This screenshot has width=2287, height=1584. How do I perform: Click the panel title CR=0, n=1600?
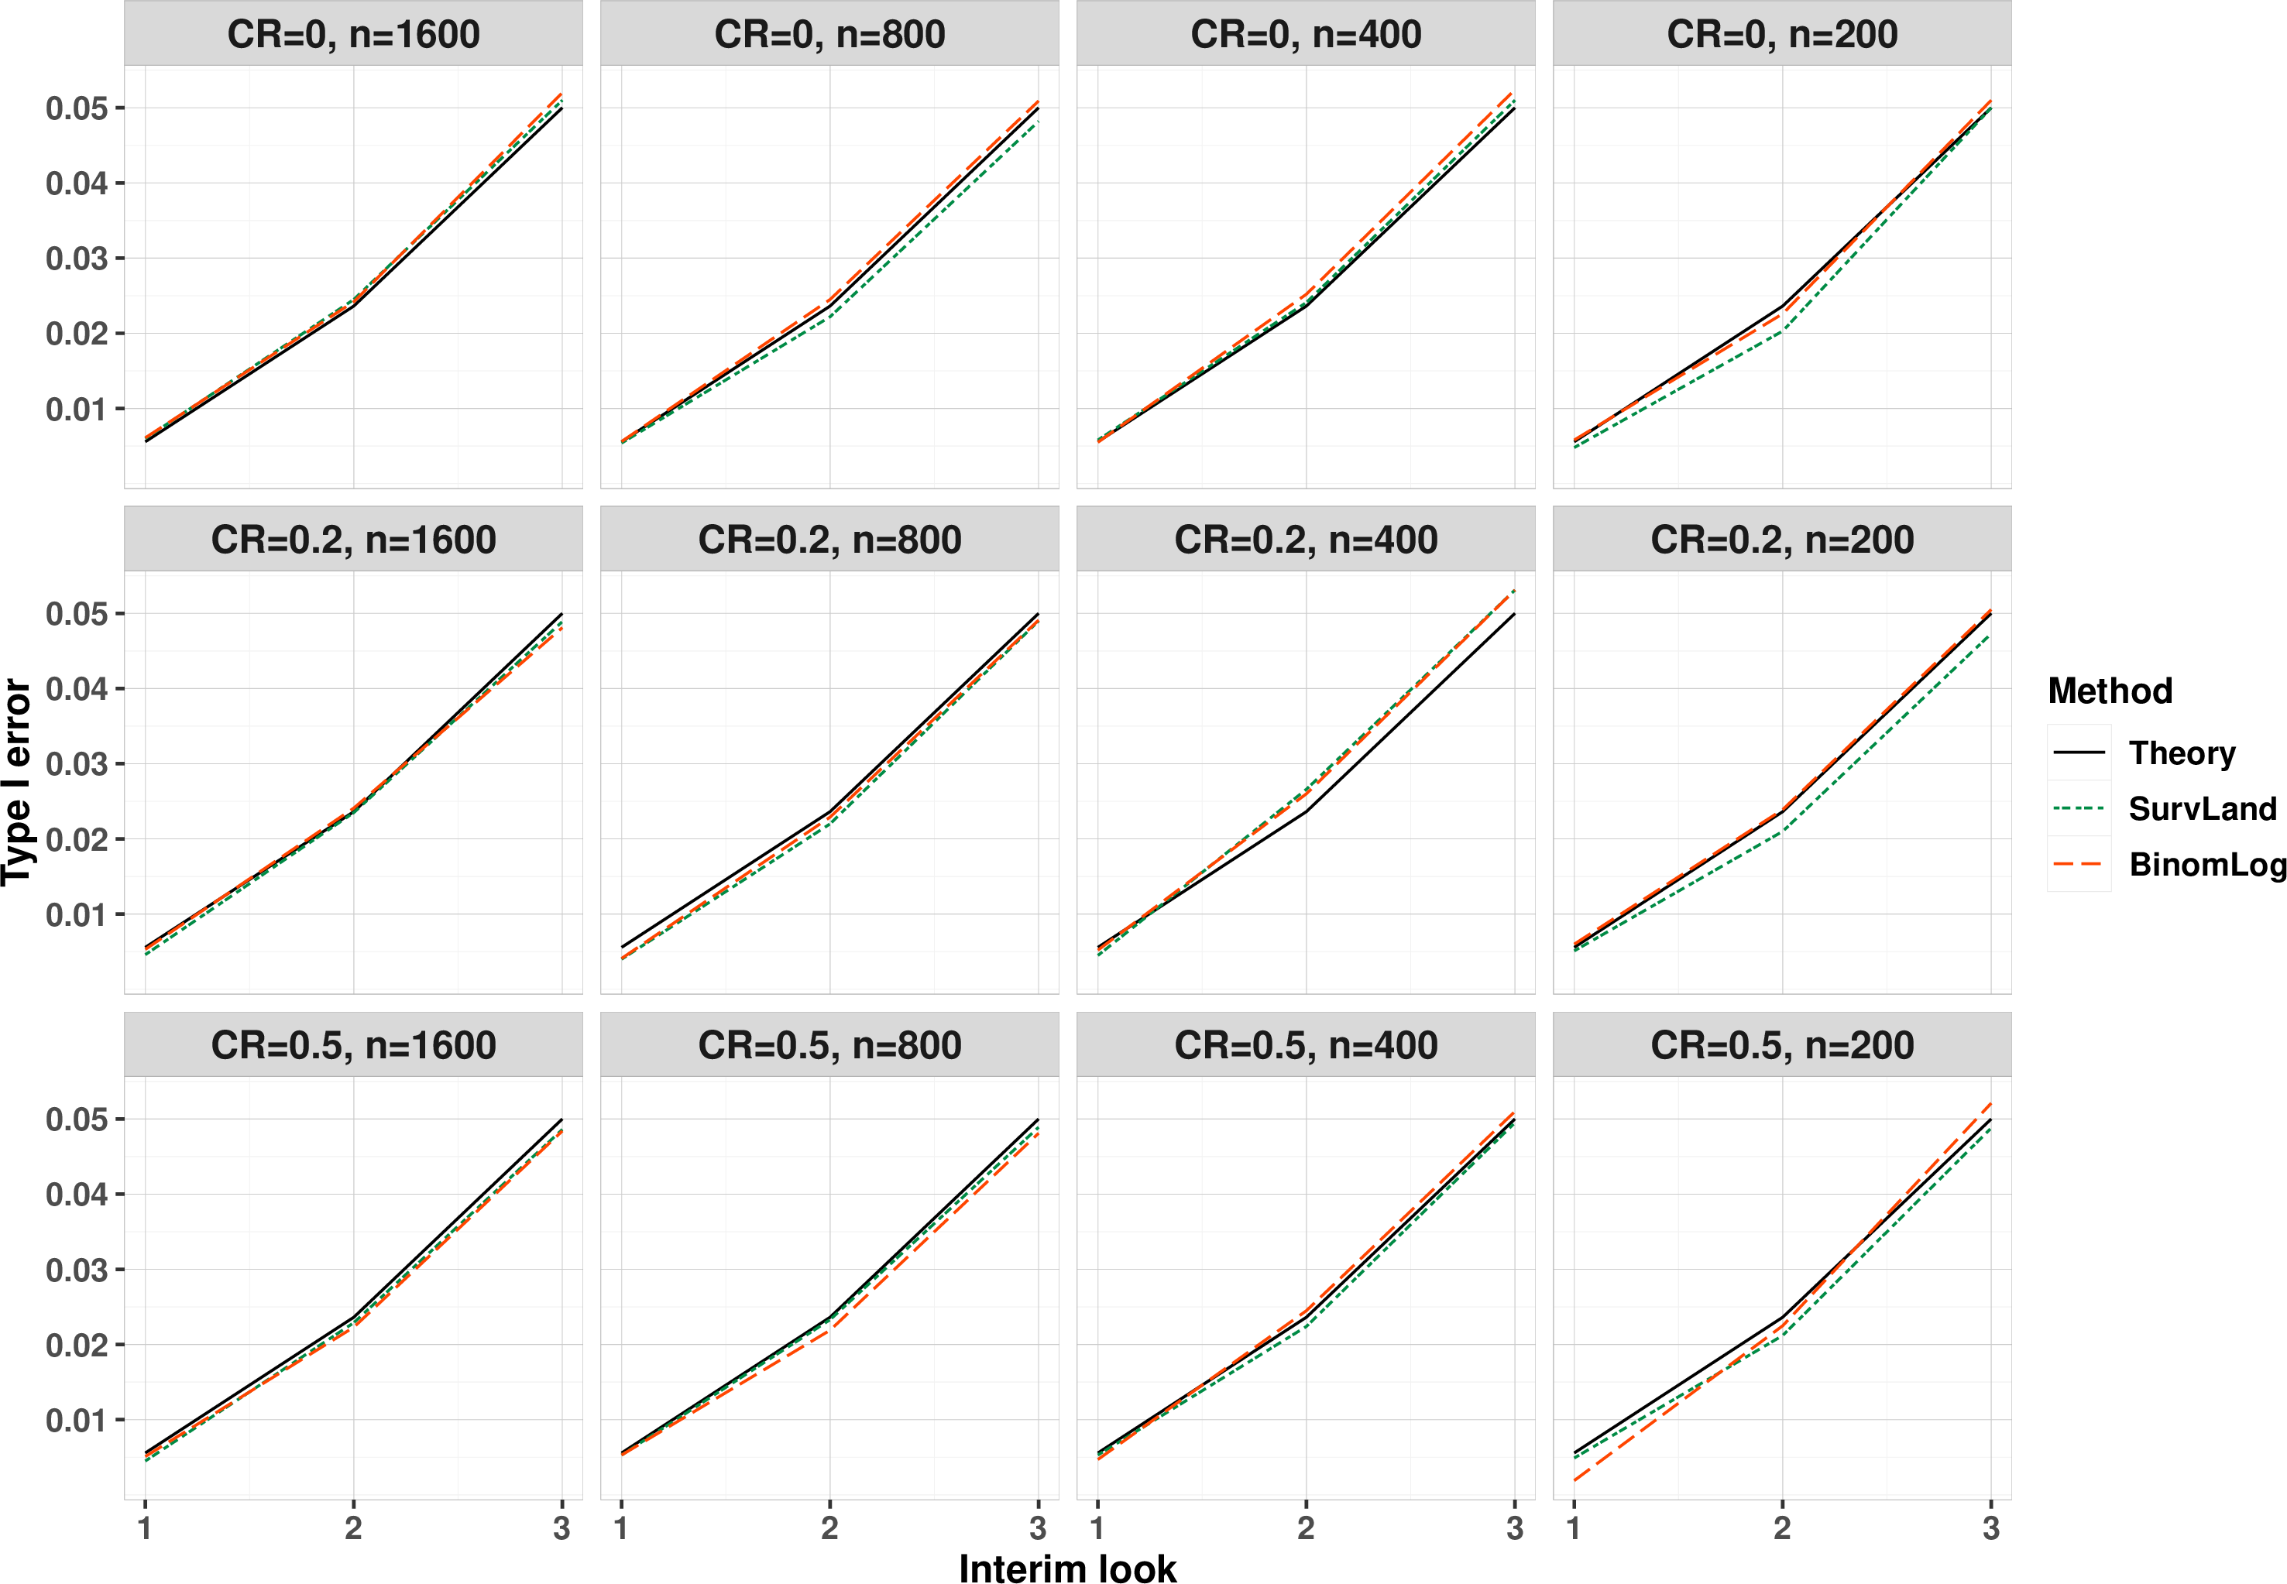tap(353, 35)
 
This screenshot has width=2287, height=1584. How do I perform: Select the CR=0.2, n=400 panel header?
tap(1305, 540)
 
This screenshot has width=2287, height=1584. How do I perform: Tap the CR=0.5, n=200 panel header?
tap(1782, 1045)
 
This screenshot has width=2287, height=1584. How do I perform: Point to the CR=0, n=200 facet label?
tap(1782, 35)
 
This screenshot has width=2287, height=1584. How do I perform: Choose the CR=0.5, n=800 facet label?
tap(829, 1045)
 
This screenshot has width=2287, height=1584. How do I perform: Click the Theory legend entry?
tap(2144, 753)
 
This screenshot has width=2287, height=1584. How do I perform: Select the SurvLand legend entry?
tap(2164, 809)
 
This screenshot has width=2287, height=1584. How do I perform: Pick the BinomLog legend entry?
tap(2168, 865)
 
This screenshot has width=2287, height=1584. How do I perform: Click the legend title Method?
tap(2110, 691)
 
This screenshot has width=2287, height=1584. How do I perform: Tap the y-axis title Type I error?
tap(16, 782)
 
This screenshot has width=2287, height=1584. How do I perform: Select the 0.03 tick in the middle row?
tap(77, 763)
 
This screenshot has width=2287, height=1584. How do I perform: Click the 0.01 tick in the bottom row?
tap(77, 1419)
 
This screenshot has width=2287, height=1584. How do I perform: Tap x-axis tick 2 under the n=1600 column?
tap(353, 1528)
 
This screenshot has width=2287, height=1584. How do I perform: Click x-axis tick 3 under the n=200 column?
tap(1990, 1528)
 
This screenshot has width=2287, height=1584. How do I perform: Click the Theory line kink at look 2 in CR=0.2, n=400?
tap(1305, 812)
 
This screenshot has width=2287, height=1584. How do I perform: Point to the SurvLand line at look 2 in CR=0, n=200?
tap(1782, 331)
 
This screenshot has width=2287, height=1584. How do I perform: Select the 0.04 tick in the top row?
tap(77, 183)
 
